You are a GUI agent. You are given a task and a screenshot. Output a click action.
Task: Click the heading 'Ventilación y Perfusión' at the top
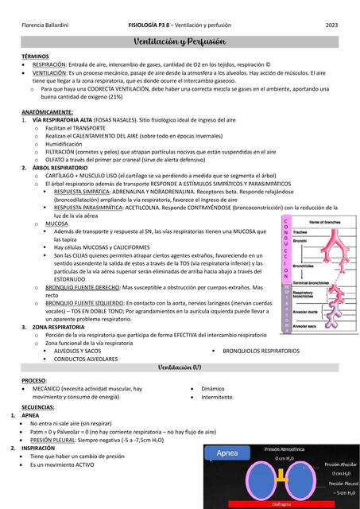[x=180, y=41]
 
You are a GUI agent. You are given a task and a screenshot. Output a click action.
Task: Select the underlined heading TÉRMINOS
[x=36, y=56]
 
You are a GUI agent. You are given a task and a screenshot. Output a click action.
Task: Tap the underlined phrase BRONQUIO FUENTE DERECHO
[x=87, y=287]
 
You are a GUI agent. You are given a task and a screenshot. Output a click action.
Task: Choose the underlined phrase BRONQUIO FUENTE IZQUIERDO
[x=88, y=303]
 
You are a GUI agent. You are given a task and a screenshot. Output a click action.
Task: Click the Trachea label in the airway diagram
[x=305, y=231]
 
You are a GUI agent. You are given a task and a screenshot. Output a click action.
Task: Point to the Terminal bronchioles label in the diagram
[x=310, y=282]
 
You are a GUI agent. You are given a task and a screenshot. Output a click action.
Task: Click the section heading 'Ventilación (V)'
[x=180, y=367]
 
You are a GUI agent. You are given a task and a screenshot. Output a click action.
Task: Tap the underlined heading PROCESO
[x=33, y=381]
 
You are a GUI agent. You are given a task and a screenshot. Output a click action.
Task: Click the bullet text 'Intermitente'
[x=217, y=396]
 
